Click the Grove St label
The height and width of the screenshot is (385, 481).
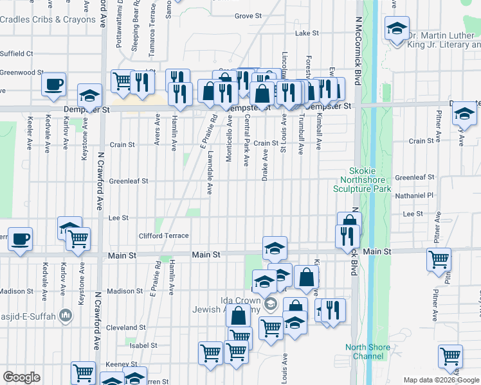click(x=246, y=15)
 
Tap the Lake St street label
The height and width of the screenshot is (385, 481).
click(x=306, y=33)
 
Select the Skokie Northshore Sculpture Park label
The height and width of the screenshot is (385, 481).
click(x=361, y=180)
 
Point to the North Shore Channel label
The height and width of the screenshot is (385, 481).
click(x=367, y=352)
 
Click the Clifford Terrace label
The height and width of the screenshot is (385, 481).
click(x=164, y=235)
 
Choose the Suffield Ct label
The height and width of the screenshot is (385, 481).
click(x=17, y=53)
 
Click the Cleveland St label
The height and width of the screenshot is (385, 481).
click(x=123, y=327)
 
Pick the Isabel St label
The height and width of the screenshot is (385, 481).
click(x=143, y=345)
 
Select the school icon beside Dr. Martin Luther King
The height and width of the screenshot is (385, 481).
click(x=397, y=29)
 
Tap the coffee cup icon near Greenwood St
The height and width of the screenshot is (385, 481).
click(x=54, y=84)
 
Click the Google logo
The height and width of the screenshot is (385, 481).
click(x=22, y=377)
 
